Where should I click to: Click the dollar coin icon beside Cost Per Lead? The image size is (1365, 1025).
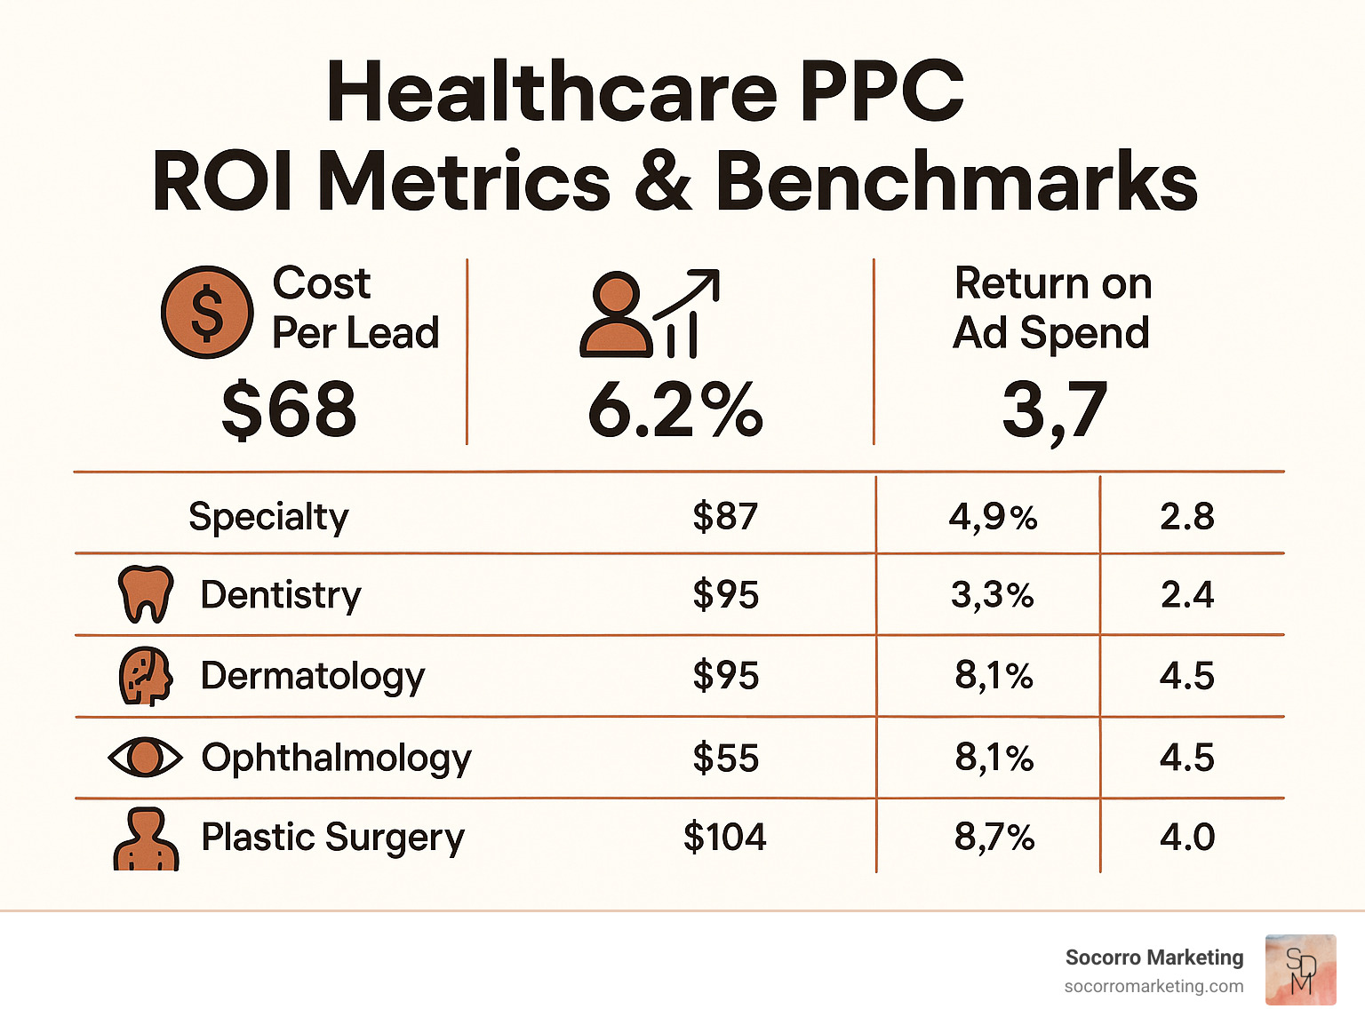[x=207, y=313]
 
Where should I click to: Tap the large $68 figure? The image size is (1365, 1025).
[x=289, y=409]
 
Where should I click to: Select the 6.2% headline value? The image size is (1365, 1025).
[x=675, y=409]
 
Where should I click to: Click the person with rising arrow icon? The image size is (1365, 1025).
[x=649, y=314]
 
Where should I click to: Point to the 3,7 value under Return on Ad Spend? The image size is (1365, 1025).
[x=1055, y=409]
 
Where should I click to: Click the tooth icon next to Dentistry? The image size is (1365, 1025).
[x=145, y=594]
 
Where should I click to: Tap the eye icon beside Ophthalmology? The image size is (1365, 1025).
[x=145, y=758]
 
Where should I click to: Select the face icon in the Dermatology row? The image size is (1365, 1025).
[x=145, y=676]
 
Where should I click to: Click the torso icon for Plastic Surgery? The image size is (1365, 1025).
[x=146, y=838]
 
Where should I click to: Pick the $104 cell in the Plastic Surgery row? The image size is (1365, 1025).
[x=724, y=838]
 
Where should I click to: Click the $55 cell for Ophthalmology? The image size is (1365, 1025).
[x=725, y=759]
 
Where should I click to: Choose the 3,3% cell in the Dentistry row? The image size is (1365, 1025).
[x=993, y=595]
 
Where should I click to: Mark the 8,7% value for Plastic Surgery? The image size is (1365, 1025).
[x=994, y=838]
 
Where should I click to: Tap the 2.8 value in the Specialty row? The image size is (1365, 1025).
[x=1187, y=517]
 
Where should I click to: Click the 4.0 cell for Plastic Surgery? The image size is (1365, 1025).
[x=1187, y=838]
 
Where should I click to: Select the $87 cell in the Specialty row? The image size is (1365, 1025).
[x=725, y=517]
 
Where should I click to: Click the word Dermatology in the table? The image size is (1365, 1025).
[x=313, y=677]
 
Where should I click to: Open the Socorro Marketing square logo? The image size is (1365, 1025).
[x=1300, y=970]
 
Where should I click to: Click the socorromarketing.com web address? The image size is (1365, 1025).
[x=1153, y=987]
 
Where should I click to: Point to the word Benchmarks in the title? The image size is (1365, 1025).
[x=956, y=181]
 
